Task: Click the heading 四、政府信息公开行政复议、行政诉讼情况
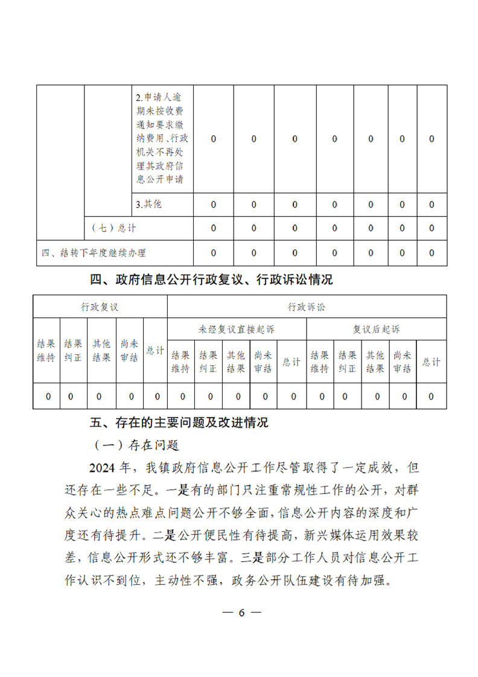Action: [x=211, y=280]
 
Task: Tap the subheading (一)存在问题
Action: [x=137, y=445]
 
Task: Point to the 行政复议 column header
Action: [x=100, y=307]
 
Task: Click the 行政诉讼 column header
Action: [x=307, y=307]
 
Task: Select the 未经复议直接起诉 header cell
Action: [x=236, y=329]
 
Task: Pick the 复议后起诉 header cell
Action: [x=377, y=329]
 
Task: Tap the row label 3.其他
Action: [x=149, y=205]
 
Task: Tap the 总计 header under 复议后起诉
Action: [x=431, y=362]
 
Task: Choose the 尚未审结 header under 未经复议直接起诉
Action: [x=263, y=362]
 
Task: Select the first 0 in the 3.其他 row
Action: [x=214, y=205]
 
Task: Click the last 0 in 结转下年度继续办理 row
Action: [x=432, y=253]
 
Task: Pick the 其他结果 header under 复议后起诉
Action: [x=375, y=362]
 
